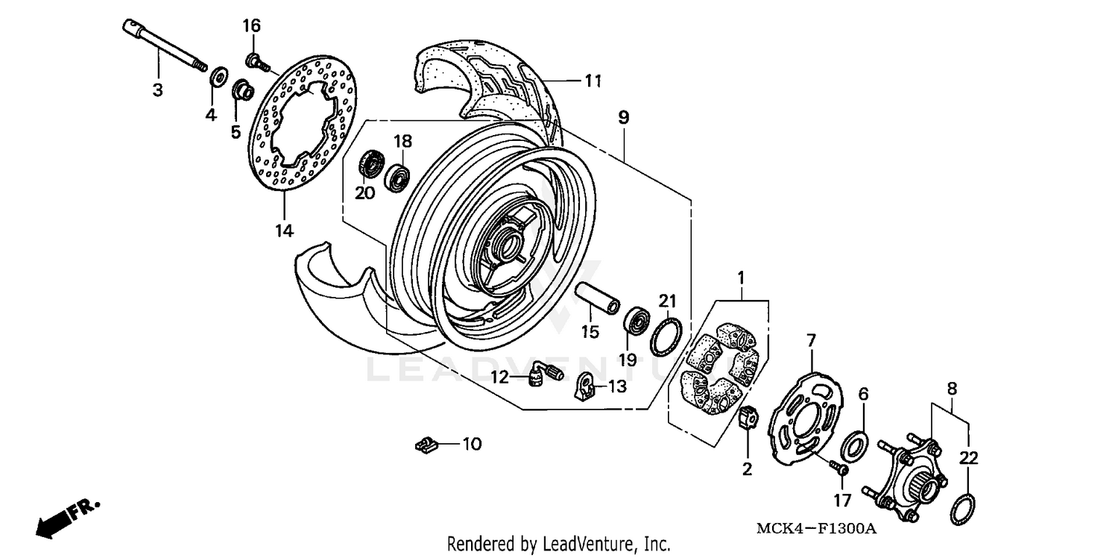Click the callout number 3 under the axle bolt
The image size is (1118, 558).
(157, 90)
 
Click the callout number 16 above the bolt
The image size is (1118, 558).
(251, 25)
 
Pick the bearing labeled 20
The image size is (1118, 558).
(370, 164)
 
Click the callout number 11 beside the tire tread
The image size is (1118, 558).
(593, 81)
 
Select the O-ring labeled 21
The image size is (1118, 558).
(666, 336)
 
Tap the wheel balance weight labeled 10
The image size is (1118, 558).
(424, 445)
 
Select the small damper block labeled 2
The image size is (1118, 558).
(748, 421)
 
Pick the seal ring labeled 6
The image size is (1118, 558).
(853, 446)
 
